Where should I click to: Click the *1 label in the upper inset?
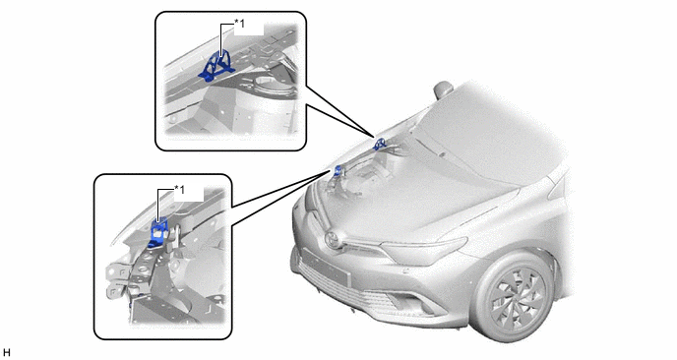tap(239, 24)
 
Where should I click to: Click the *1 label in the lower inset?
tap(179, 190)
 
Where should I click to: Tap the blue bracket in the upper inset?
tap(216, 67)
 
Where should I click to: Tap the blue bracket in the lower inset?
tap(158, 233)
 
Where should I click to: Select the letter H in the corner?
tap(6, 353)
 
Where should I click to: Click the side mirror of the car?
tap(443, 90)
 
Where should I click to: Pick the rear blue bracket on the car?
tap(380, 144)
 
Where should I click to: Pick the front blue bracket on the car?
tap(338, 171)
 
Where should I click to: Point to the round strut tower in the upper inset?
tap(269, 87)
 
